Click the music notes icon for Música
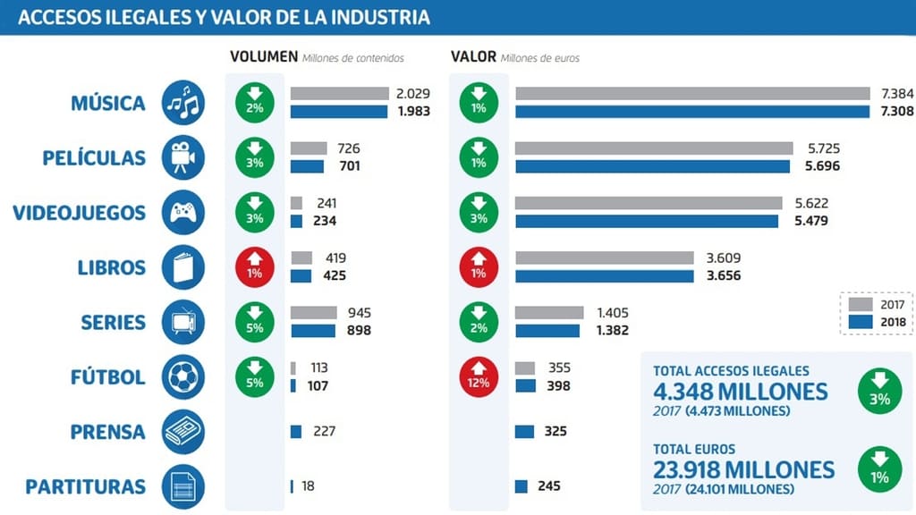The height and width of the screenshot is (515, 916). (183, 103)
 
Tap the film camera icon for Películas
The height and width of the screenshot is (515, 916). (183, 158)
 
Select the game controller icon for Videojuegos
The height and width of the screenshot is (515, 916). (183, 213)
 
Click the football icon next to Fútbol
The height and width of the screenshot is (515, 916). (183, 377)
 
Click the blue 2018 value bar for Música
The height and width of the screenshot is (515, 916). (692, 112)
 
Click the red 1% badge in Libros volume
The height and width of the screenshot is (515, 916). (255, 267)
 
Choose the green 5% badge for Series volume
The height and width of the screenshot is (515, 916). (255, 322)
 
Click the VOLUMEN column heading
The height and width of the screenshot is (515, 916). (263, 57)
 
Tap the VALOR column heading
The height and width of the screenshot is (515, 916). (473, 57)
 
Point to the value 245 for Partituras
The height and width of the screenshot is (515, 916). (549, 486)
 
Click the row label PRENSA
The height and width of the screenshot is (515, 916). (107, 432)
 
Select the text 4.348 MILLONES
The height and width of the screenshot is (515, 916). (740, 392)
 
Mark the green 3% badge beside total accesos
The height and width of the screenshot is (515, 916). (878, 392)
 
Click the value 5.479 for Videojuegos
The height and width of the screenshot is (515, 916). (810, 221)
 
